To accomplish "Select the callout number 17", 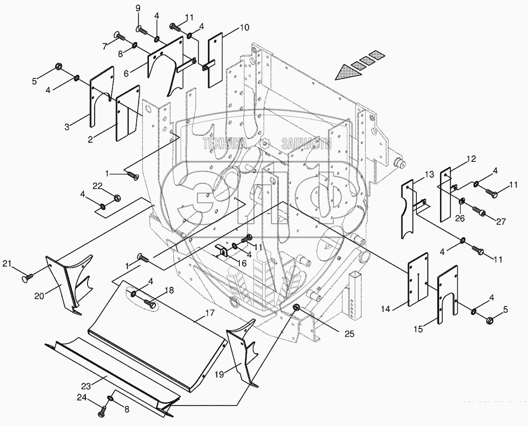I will click(209, 314).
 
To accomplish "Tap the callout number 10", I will click(244, 28).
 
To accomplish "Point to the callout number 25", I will click(348, 333).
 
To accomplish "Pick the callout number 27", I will click(500, 221).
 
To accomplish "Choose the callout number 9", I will click(138, 8).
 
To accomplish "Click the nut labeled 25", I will click(296, 308).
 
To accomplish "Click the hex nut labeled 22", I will click(117, 198).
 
